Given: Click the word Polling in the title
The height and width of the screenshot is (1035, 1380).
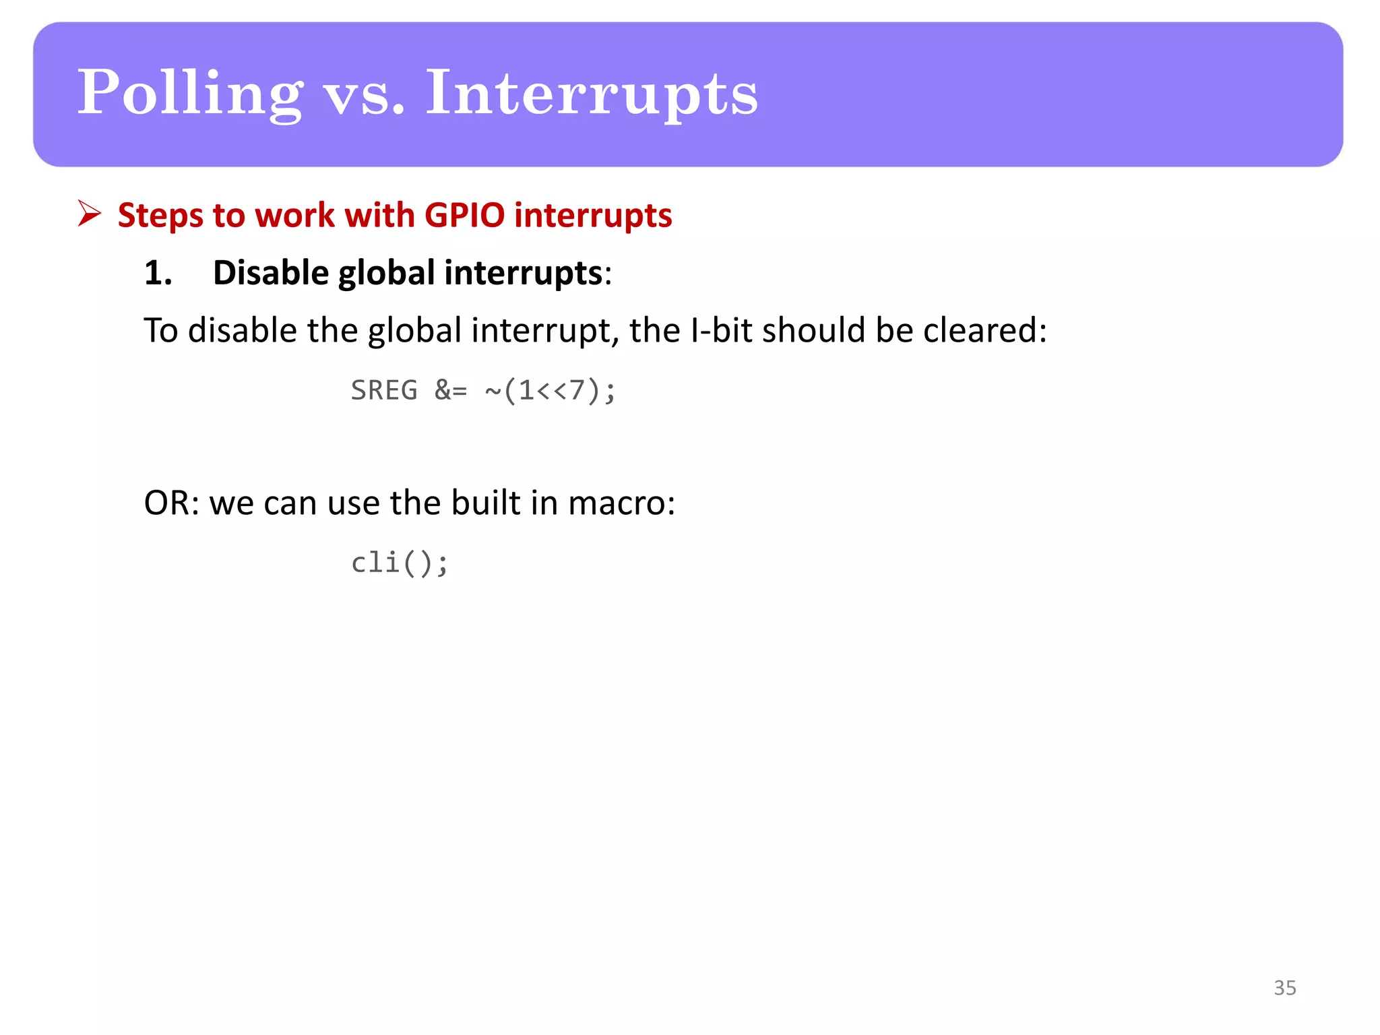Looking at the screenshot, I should point(190,93).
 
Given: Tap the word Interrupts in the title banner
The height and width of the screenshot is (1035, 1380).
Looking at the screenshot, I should point(591,93).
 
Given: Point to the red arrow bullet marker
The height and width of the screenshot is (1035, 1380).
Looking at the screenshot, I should point(89,214).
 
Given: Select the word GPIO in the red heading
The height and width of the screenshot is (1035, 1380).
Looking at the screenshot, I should point(464,216).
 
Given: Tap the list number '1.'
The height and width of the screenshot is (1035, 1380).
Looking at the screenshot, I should point(158,273).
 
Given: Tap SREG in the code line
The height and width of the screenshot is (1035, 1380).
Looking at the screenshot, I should point(384,390).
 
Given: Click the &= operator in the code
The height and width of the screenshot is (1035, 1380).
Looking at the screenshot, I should point(450,390).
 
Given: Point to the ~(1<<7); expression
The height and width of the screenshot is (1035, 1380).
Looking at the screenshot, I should point(550,390).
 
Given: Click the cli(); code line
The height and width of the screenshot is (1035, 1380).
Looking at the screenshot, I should point(399,563).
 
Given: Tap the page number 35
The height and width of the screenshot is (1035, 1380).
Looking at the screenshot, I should point(1284,988).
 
